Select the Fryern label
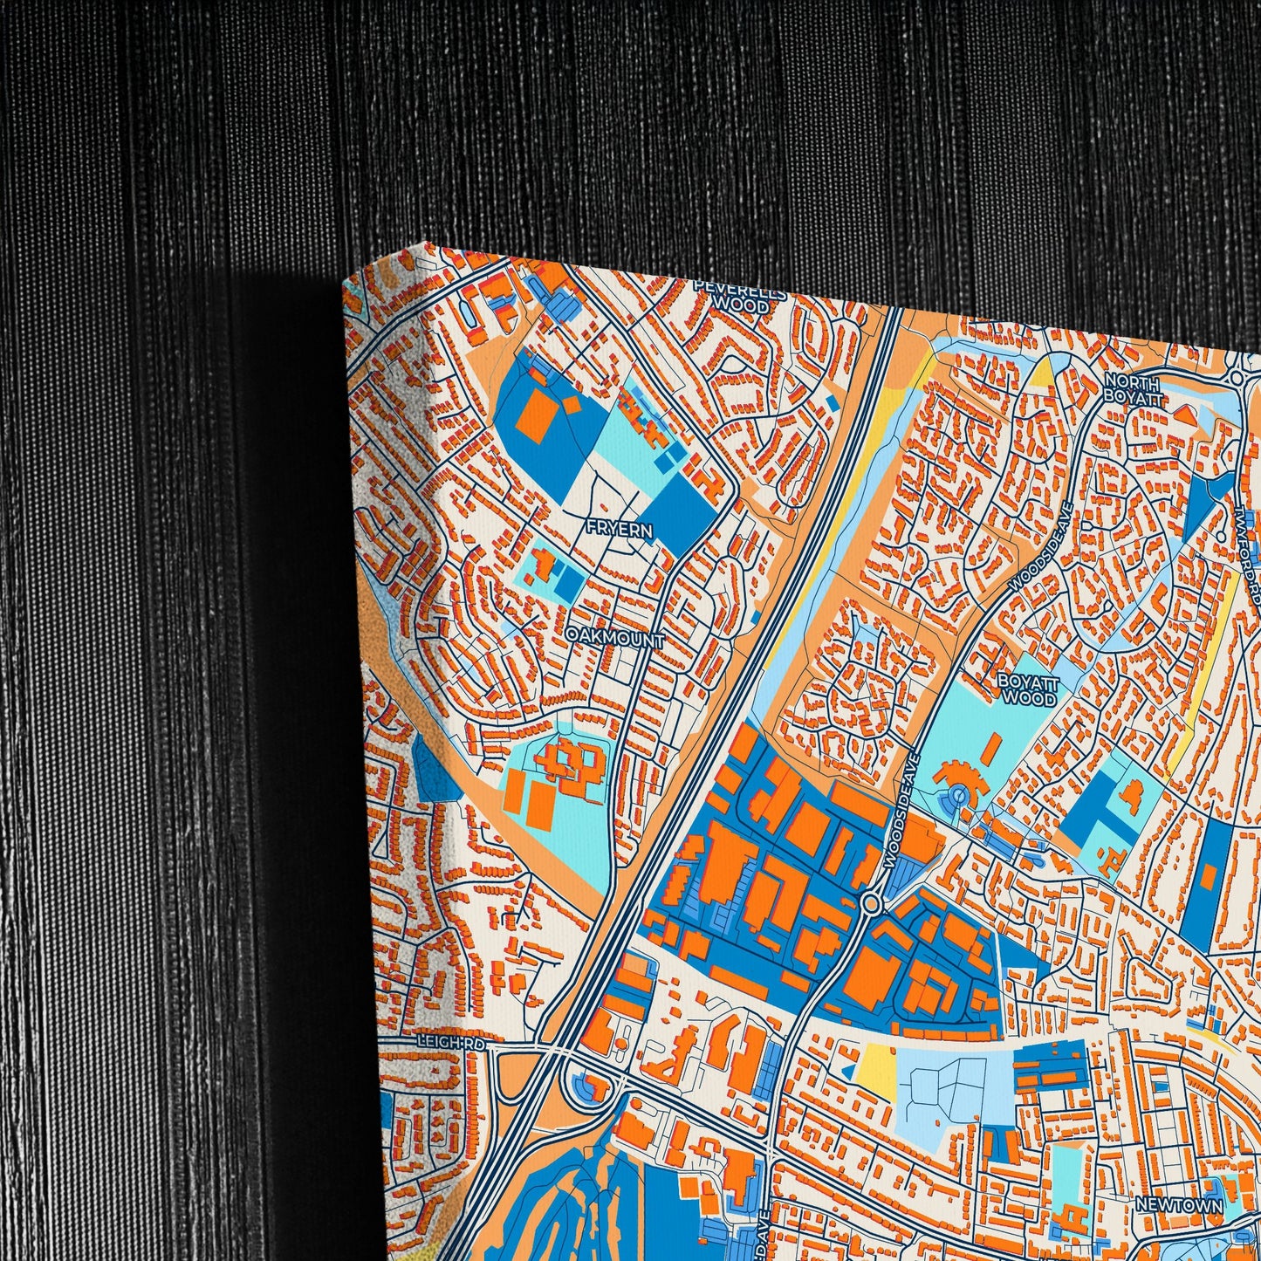click(620, 529)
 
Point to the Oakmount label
click(614, 639)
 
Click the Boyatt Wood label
click(1028, 690)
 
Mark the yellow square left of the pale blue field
click(878, 1071)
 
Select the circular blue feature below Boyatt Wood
click(958, 795)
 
